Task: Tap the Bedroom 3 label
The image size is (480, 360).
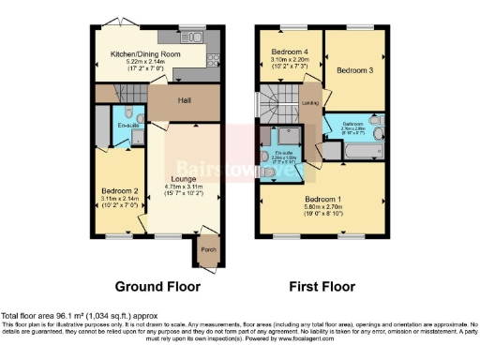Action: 354,70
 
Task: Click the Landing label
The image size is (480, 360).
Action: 309,104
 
